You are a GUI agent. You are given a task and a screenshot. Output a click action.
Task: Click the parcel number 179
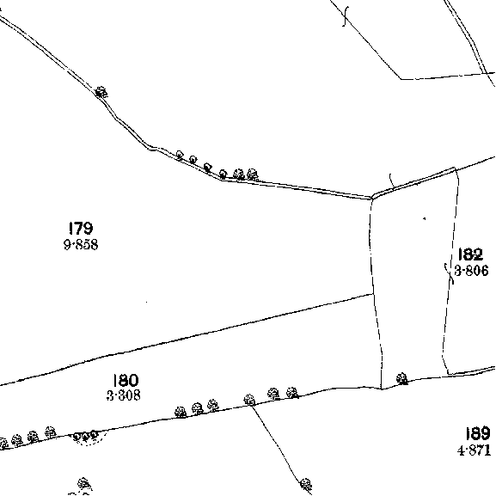[81, 228]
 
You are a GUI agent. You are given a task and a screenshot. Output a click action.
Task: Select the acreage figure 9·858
[81, 244]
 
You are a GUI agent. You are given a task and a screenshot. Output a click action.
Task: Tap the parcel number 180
[126, 380]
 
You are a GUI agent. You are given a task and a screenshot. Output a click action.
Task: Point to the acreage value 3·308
[124, 395]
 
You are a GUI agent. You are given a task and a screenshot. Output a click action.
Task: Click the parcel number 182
[470, 254]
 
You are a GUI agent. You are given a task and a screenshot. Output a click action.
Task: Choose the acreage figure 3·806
[471, 271]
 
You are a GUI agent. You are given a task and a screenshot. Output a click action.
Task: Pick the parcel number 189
[478, 433]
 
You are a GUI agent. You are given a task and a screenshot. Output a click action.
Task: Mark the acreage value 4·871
[474, 450]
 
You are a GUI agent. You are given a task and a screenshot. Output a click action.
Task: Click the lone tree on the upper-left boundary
[101, 92]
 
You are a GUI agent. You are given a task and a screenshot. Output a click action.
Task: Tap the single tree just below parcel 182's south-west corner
[402, 378]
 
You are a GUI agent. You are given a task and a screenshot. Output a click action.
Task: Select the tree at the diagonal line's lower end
[305, 484]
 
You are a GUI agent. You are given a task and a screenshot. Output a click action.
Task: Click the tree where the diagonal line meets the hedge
[249, 400]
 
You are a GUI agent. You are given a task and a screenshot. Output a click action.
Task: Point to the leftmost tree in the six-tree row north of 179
[180, 155]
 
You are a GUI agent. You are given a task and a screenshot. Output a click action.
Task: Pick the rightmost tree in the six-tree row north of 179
[252, 174]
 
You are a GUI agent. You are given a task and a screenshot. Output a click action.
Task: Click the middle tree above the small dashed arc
[85, 437]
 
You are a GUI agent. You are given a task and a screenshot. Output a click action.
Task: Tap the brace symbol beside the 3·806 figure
[450, 273]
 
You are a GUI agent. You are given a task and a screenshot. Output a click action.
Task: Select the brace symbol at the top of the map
[346, 16]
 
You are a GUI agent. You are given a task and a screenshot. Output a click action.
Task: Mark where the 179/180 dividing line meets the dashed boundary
[373, 294]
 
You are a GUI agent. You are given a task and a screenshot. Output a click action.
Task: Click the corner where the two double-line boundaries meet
[372, 198]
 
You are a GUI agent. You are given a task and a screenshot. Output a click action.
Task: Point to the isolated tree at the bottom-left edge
[84, 484]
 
